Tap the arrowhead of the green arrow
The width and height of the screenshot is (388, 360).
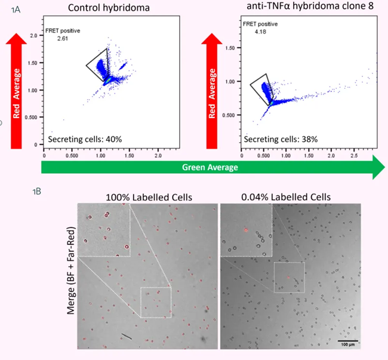(x=378, y=168)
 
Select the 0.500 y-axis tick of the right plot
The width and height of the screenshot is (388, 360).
(x=230, y=116)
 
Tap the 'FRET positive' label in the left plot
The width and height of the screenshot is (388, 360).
(x=63, y=30)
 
